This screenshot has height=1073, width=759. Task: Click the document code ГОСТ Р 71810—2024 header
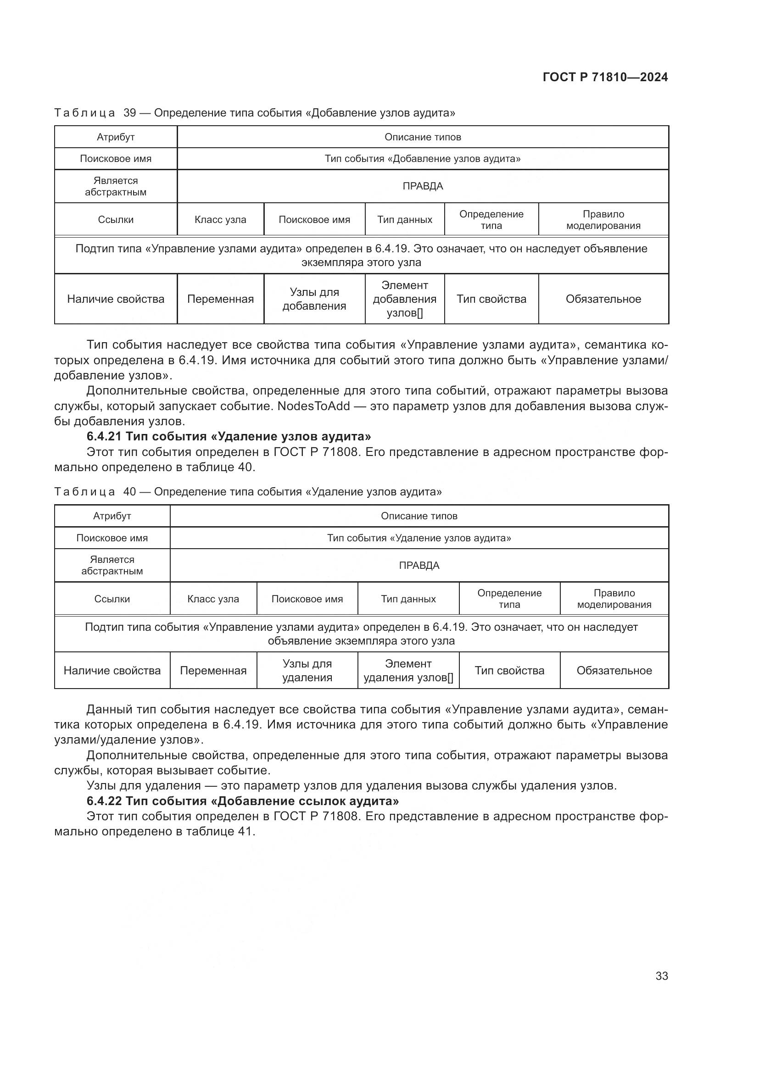coord(605,78)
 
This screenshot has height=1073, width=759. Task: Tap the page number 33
coord(661,976)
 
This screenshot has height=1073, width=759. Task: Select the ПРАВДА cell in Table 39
coord(423,186)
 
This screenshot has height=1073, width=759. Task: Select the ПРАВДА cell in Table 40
coord(419,566)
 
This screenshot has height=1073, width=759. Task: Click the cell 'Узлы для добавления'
coord(314,299)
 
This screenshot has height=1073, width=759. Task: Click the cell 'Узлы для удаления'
coord(307,671)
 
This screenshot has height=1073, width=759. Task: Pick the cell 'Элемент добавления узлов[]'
coord(404,299)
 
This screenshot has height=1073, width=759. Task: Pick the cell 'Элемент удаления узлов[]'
coord(408,671)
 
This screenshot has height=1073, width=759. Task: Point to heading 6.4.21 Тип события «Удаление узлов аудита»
coord(229,436)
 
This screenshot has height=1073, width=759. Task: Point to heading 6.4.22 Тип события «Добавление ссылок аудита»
coord(243,801)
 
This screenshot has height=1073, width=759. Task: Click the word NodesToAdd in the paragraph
coord(313,406)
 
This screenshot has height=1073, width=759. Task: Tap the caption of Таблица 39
coord(255,113)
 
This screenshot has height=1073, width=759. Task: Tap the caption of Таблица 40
coord(248,492)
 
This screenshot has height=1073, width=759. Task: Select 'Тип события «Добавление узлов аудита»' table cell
coord(423,159)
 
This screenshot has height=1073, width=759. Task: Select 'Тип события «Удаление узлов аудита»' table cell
coord(419,538)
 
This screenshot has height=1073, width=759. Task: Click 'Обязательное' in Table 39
coord(603,299)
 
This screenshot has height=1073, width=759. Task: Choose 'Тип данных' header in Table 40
coord(408,599)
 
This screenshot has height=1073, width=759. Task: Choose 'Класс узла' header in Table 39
coord(220,220)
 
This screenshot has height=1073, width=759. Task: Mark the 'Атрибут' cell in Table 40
coord(112,516)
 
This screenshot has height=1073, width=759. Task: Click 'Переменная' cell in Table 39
coord(220,299)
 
